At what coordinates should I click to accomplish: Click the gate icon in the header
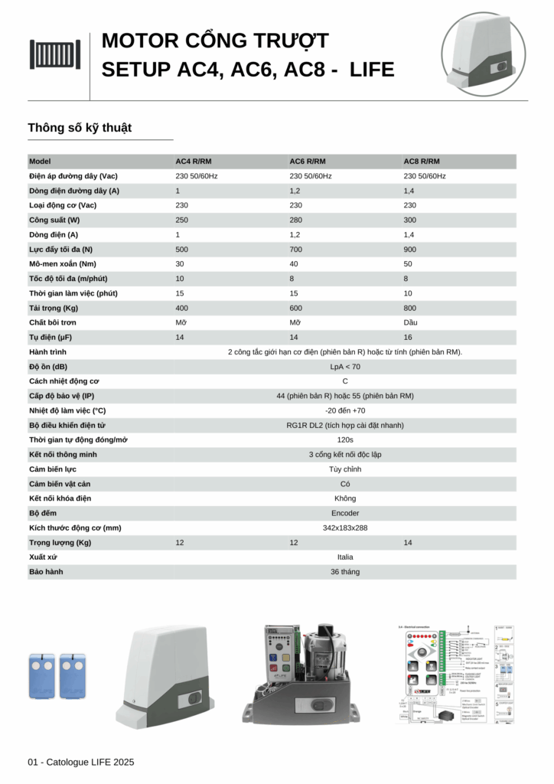pyautogui.click(x=54, y=54)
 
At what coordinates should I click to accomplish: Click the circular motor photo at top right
pyautogui.click(x=484, y=54)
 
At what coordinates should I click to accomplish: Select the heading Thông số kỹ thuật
pyautogui.click(x=80, y=128)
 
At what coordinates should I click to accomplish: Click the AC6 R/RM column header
pyautogui.click(x=307, y=162)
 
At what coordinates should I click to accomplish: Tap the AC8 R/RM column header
pyautogui.click(x=421, y=162)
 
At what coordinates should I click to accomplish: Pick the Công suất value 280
pyautogui.click(x=295, y=220)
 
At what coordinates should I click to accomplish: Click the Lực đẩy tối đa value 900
pyautogui.click(x=410, y=250)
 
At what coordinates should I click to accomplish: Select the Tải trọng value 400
pyautogui.click(x=182, y=308)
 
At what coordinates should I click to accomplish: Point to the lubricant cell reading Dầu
pyautogui.click(x=411, y=322)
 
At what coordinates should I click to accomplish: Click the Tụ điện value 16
pyautogui.click(x=408, y=337)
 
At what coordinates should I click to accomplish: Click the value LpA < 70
pyautogui.click(x=344, y=367)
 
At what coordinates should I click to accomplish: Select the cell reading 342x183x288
pyautogui.click(x=344, y=528)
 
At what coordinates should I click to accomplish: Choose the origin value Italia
pyautogui.click(x=344, y=557)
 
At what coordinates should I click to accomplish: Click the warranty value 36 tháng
pyautogui.click(x=344, y=572)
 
